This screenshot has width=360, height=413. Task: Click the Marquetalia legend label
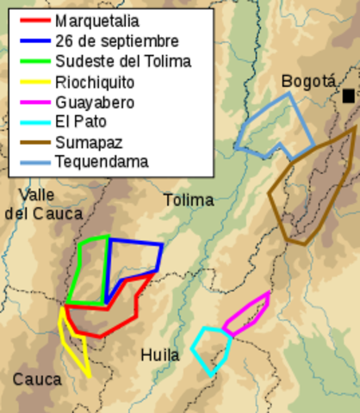pos(96,21)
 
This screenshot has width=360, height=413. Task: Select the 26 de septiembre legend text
pos(116,40)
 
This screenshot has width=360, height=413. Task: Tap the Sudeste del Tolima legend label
pos(122,61)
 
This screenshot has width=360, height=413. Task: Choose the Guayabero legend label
pos(94,102)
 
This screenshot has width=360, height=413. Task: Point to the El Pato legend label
pos(79,121)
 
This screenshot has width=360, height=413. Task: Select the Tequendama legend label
pos(101,161)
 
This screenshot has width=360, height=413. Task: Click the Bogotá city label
pos(307,82)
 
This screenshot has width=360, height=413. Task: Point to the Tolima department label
pos(189,200)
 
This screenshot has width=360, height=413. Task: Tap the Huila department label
pos(159,354)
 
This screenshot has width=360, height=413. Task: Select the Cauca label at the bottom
pos(37,379)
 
